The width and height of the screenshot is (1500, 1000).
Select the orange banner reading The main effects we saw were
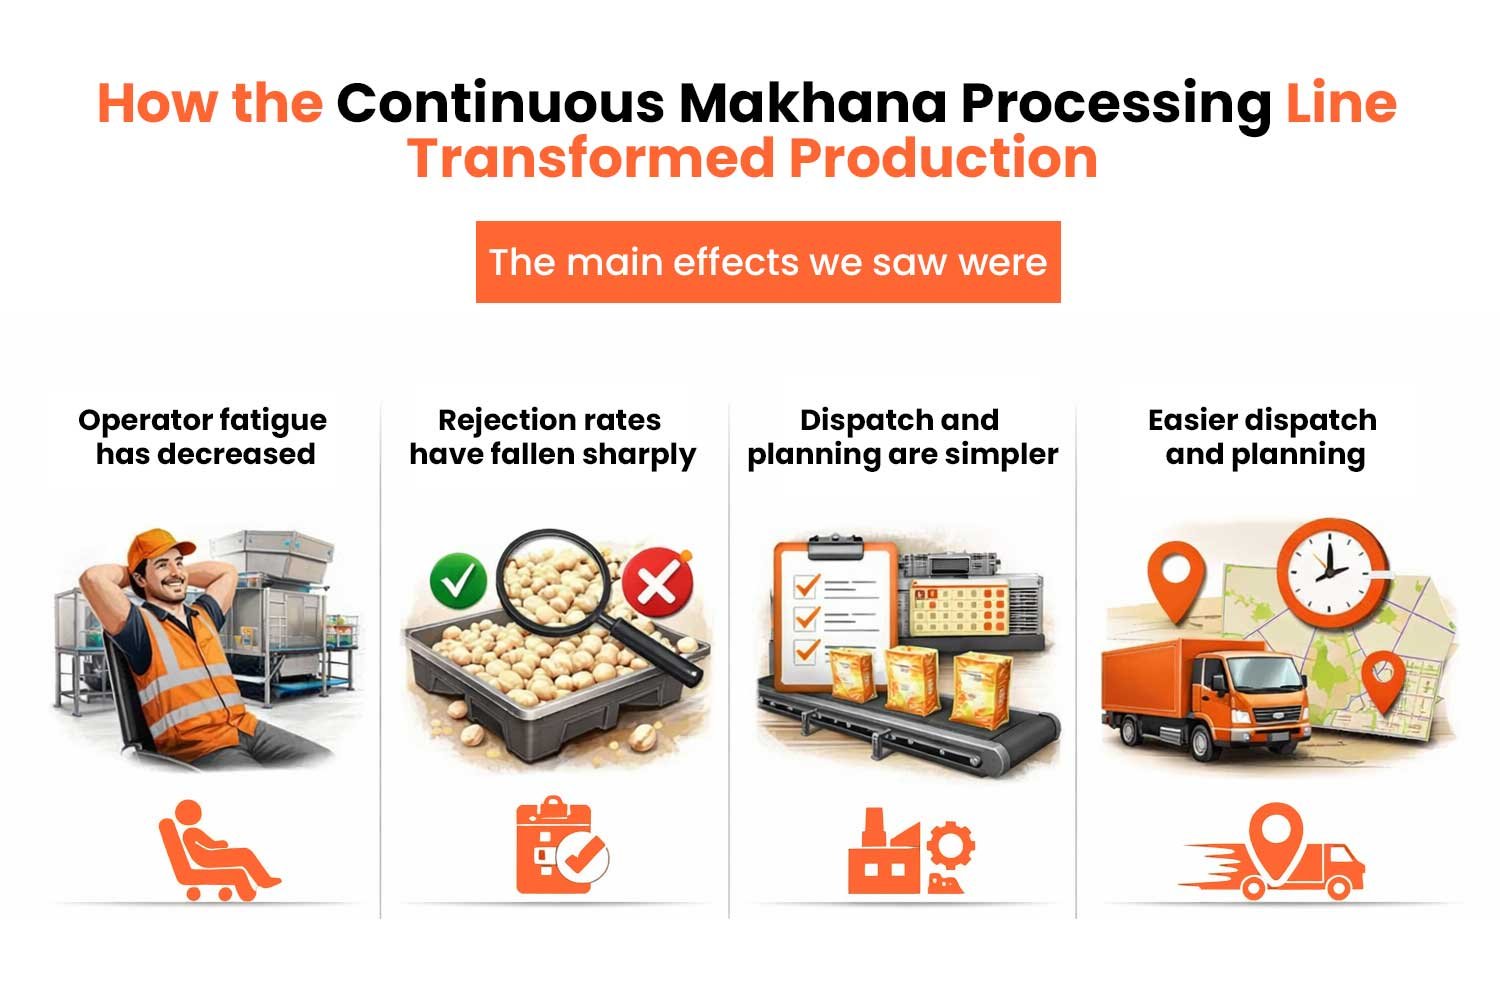click(767, 262)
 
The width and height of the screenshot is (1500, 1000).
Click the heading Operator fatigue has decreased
click(204, 437)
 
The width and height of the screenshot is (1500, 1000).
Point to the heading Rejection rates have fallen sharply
click(552, 437)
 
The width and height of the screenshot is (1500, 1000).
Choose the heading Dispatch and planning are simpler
click(901, 437)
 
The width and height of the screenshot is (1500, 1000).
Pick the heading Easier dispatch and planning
click(1263, 437)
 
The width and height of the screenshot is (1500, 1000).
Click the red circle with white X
click(657, 583)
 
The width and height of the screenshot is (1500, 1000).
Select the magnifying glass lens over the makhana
click(557, 582)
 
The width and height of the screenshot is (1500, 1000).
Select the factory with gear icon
click(910, 852)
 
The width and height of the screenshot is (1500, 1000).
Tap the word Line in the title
click(1340, 103)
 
